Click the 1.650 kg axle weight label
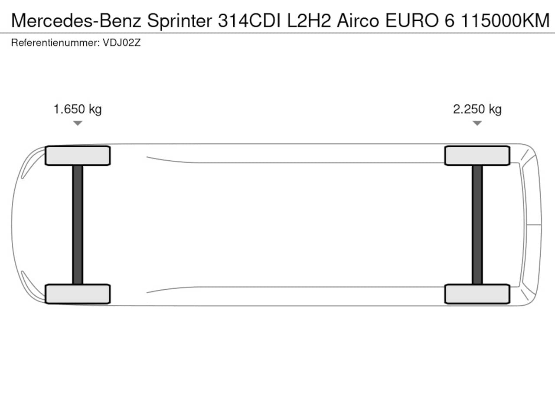(78, 109)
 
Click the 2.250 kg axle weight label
(477, 109)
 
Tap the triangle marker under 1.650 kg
(78, 123)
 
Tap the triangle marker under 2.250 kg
(477, 123)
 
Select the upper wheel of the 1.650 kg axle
(78, 156)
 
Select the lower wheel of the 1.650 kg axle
(78, 294)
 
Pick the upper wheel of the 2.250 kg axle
(477, 156)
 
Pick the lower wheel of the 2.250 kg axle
(477, 294)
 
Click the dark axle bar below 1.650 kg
(78, 225)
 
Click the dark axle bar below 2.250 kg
(477, 225)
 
